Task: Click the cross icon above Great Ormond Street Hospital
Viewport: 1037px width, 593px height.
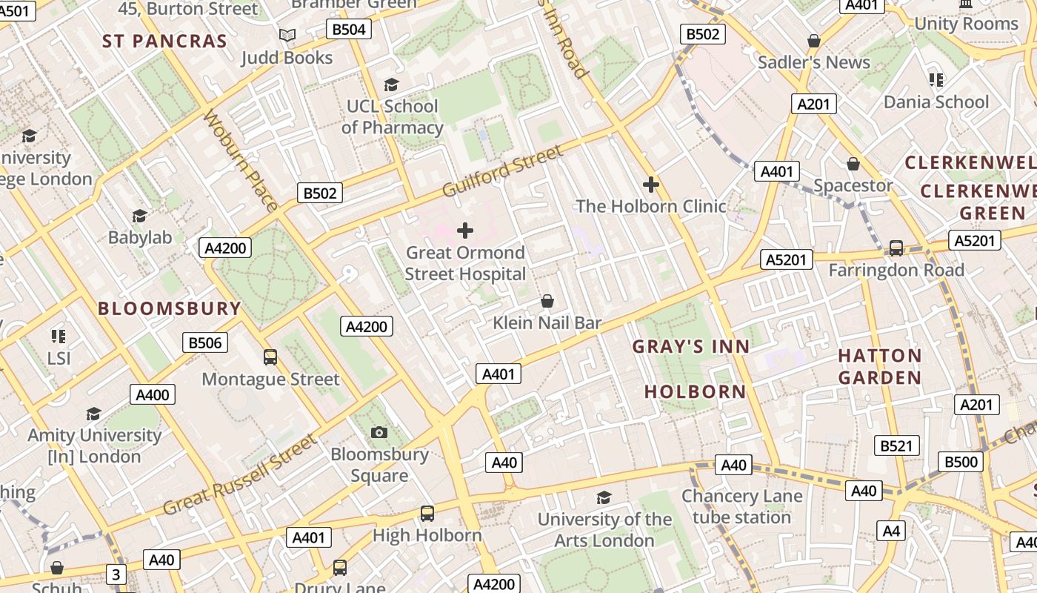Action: point(465,231)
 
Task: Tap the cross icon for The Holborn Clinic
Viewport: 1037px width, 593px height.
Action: point(651,185)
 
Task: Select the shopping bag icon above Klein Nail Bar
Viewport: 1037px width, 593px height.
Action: point(547,301)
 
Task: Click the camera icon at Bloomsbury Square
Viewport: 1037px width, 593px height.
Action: point(379,432)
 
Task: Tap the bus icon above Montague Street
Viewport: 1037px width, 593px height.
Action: point(270,357)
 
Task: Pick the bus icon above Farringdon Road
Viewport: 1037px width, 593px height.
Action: point(896,248)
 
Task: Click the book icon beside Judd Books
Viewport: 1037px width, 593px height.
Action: point(287,35)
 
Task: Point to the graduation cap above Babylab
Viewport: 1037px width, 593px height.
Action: point(139,216)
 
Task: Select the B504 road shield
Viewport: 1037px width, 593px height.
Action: point(348,29)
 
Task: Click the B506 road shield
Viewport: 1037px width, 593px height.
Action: point(205,342)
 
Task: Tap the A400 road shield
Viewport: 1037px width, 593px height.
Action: point(153,394)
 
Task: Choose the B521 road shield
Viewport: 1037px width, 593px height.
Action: point(896,445)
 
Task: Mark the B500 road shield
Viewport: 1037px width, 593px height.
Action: point(961,462)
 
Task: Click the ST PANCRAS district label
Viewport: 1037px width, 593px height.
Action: point(164,42)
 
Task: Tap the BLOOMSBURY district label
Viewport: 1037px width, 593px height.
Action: point(170,308)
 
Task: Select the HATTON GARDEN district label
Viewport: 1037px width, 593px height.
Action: point(880,367)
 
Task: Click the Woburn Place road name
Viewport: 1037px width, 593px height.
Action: point(241,161)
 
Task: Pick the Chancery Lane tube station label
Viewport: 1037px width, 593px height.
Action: point(741,506)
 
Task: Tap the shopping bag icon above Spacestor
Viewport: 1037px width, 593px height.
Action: point(853,164)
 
